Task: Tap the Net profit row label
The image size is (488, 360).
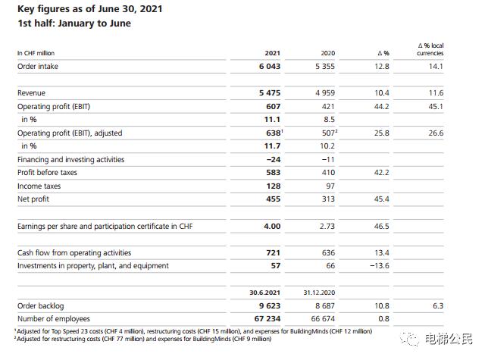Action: [x=35, y=199]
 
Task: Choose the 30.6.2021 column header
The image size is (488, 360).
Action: [x=264, y=293]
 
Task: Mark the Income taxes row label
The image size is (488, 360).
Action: [x=39, y=186]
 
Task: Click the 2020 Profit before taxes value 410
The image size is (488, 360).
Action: [x=327, y=173]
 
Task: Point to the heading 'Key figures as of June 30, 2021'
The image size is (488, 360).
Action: [x=99, y=9]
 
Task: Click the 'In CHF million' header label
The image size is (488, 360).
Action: [x=36, y=53]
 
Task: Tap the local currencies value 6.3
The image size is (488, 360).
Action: [x=437, y=305]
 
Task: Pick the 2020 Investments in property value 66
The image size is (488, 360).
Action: [x=330, y=266]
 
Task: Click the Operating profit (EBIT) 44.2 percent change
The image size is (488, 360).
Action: [x=381, y=107]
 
